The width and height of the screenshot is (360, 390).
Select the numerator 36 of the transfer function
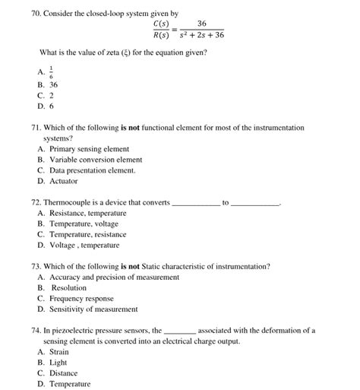pos(201,24)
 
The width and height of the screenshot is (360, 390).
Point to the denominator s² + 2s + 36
pos(201,36)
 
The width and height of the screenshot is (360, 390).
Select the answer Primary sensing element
pos(89,149)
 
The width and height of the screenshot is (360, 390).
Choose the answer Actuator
pos(64,181)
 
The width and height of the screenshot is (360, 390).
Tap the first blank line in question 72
pos(196,205)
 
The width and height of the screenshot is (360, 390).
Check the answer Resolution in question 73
pos(68,288)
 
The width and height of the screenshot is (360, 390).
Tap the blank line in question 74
pos(180,332)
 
